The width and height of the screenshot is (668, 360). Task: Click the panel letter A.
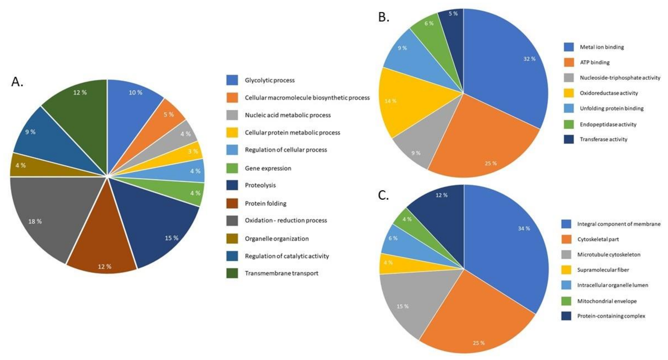point(17,82)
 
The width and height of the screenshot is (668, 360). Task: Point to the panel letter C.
point(383,195)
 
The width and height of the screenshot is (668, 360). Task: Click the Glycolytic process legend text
point(270,80)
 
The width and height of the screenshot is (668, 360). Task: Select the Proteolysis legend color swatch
point(232,185)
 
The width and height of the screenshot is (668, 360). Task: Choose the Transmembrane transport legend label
point(281,273)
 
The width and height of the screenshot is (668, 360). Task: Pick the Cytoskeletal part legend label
point(598,239)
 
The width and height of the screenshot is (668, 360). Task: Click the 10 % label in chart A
point(135,92)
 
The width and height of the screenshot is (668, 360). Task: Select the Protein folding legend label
point(266,203)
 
